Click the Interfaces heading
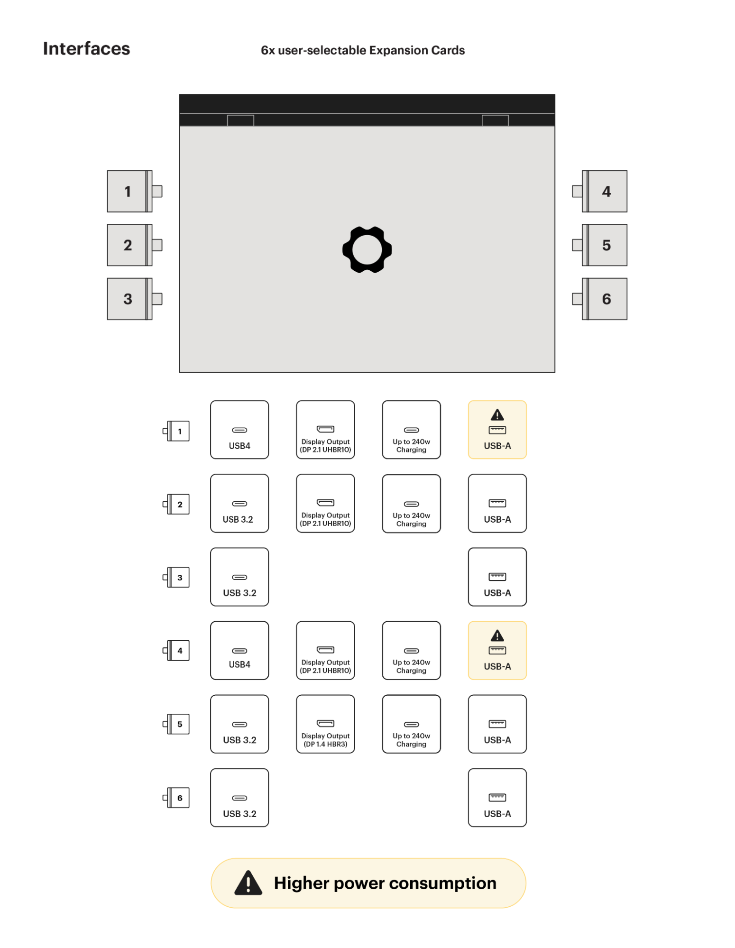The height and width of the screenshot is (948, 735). pos(86,49)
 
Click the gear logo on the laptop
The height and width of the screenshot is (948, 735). pos(367,249)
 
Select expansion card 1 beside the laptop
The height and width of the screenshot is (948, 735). pos(128,191)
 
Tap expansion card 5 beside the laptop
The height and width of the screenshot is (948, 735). pos(606,245)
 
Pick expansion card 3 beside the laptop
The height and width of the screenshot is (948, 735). pos(128,299)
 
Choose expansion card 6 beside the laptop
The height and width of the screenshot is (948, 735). pos(606,299)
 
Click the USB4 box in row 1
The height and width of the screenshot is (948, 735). pos(239,430)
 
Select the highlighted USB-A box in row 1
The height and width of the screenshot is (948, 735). pos(497,430)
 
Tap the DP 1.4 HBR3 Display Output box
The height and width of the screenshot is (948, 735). pos(325,724)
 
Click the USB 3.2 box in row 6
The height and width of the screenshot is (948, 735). pos(239,797)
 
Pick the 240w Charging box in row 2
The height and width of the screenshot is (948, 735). pos(411,503)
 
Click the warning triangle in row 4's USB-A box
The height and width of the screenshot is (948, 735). pos(497,635)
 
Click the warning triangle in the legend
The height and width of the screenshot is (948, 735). pos(248,883)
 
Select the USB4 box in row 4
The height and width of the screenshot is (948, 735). pos(239,650)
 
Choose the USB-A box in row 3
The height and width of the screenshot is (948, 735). pos(497,577)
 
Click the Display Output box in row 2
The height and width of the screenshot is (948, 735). pos(325,503)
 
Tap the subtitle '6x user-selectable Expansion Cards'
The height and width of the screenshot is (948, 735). pos(363,50)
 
